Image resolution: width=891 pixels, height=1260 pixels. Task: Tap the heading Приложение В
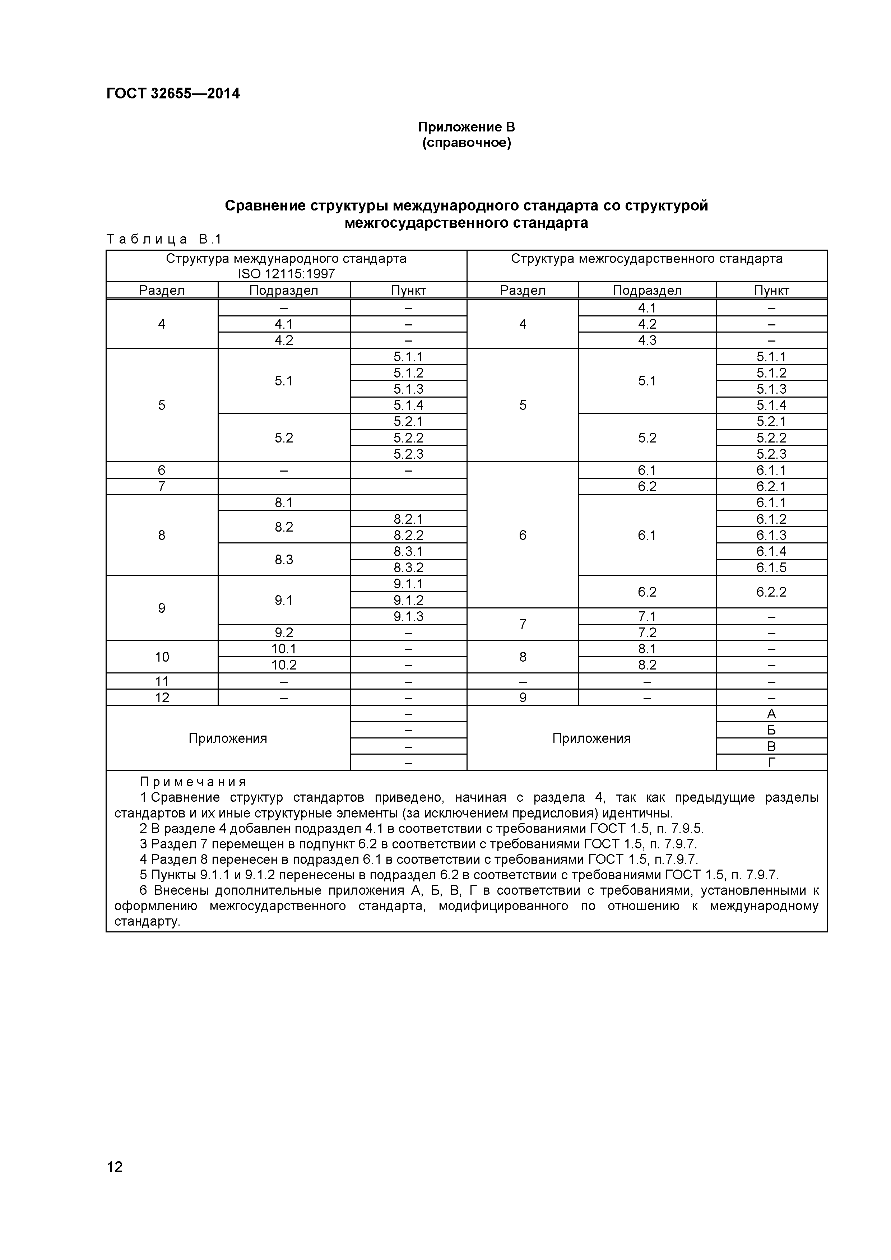click(x=467, y=127)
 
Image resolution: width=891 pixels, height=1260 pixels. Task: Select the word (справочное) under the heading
click(x=467, y=143)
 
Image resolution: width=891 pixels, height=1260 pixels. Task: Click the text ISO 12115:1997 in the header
click(x=286, y=274)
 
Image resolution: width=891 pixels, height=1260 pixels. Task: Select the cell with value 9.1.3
click(x=408, y=616)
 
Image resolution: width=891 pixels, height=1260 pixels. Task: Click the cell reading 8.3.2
click(x=408, y=568)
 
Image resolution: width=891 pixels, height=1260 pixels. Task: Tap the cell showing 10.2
click(x=284, y=665)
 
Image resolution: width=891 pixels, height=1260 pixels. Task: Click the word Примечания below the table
click(x=193, y=782)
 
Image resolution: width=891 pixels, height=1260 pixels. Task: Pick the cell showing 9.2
click(x=284, y=633)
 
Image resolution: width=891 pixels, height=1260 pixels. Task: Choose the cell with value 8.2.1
click(x=408, y=519)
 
